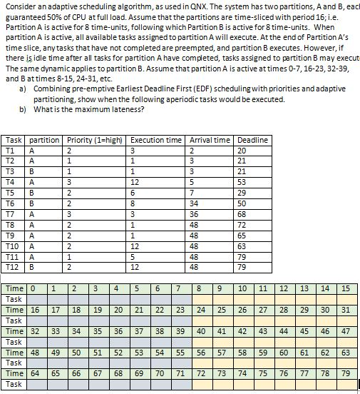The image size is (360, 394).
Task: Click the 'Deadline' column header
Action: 252,140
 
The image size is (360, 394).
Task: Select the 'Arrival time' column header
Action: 210,140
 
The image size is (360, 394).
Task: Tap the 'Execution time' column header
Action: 155,140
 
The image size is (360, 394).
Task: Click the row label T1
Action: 10,151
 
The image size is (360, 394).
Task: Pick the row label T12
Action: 11,267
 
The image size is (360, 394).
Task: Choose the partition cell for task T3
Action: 32,172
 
